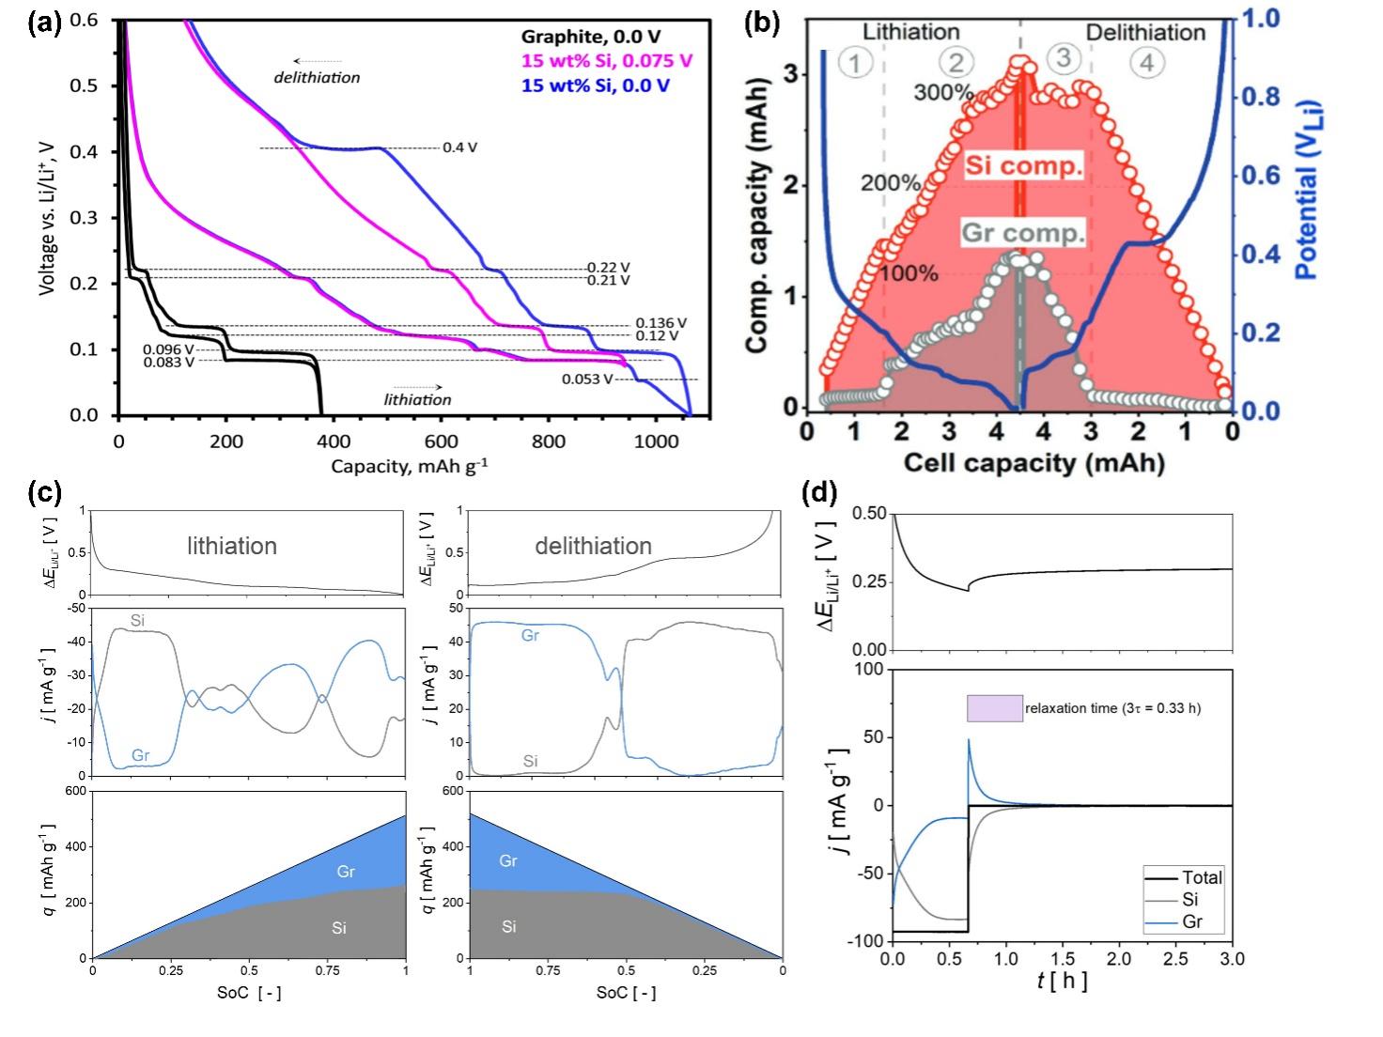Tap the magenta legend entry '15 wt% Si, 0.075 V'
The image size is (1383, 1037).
pos(607,61)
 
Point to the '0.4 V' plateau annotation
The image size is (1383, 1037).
pos(460,148)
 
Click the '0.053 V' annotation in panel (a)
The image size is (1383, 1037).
pos(587,379)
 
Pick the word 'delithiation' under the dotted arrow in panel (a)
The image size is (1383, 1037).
pos(317,77)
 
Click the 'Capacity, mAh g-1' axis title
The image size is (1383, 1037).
pos(409,466)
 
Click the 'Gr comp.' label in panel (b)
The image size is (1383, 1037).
pos(1024,233)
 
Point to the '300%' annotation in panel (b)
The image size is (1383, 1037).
pos(943,92)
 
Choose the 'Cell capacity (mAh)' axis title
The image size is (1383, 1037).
pos(1033,462)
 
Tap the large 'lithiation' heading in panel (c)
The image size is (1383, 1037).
pos(231,546)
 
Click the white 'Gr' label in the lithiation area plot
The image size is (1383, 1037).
pos(346,872)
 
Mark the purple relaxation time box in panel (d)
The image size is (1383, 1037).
pos(995,708)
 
